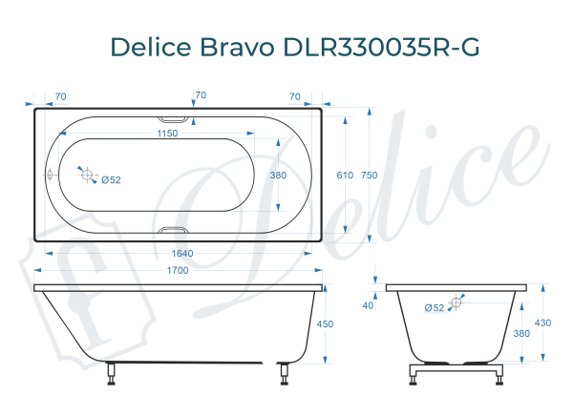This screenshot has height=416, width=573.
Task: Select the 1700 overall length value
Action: [x=178, y=270]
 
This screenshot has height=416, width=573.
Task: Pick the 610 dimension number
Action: [x=344, y=176]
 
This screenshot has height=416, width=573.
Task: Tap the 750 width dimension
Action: [x=370, y=176]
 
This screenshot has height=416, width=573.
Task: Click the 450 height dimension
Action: [x=325, y=324]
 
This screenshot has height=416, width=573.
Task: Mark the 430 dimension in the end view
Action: [x=542, y=322]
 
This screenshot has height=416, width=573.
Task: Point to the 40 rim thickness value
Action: [x=369, y=305]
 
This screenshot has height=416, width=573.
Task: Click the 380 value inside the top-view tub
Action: [x=278, y=176]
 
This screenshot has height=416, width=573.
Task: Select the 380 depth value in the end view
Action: [x=520, y=333]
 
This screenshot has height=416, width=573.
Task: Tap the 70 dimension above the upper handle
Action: [x=201, y=95]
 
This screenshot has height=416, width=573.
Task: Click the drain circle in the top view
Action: [x=87, y=176]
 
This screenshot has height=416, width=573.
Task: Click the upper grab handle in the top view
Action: [x=174, y=118]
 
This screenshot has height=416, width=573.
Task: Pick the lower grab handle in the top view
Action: [x=174, y=231]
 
